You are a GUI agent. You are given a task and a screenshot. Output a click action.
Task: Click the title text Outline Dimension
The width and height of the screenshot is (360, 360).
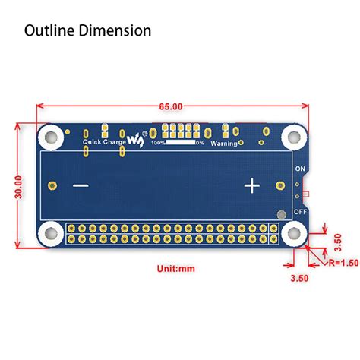click(x=88, y=31)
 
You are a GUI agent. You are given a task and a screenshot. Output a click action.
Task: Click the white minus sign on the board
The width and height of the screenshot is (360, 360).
click(x=81, y=186)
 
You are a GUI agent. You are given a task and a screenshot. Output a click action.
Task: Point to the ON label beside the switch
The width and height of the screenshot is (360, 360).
click(x=300, y=168)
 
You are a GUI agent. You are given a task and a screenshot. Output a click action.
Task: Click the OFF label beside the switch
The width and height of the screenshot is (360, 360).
click(x=300, y=213)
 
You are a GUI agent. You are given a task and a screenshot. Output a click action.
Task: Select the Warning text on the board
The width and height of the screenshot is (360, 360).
click(x=226, y=142)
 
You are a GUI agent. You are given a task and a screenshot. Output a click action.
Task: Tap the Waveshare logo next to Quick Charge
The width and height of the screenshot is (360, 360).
click(x=134, y=141)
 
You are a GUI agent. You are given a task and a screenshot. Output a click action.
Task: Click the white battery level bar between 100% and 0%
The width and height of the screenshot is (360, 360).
click(x=180, y=142)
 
